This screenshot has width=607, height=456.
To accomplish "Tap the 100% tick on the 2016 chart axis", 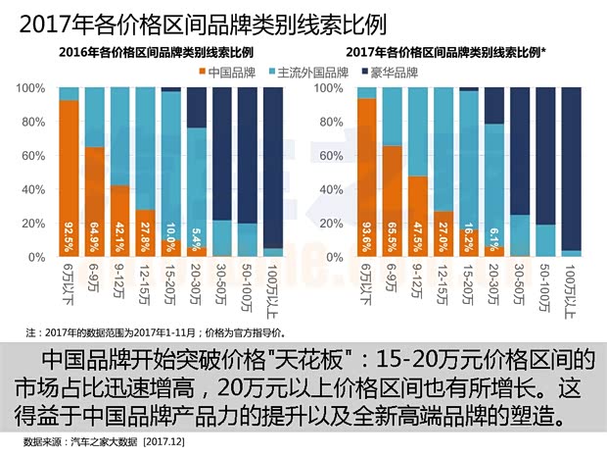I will [31, 88].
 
